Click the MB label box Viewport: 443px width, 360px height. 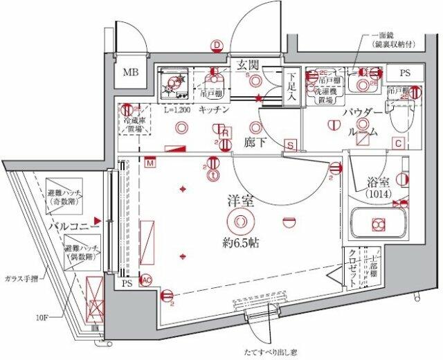[131, 72]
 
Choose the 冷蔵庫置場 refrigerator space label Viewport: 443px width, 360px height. [133, 124]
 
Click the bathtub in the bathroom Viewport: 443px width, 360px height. [377, 224]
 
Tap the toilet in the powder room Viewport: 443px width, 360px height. [399, 119]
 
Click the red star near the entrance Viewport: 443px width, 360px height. [259, 99]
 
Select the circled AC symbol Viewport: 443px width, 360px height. [146, 280]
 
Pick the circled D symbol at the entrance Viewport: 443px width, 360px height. [217, 46]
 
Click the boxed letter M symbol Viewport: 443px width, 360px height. [151, 163]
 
